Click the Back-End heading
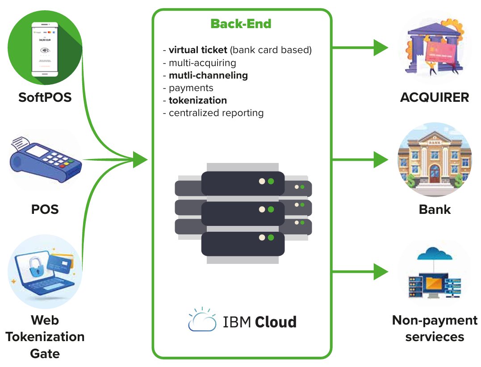[x=241, y=24]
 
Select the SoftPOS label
[x=45, y=97]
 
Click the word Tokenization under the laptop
[x=45, y=337]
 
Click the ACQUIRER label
[x=435, y=97]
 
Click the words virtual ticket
[x=198, y=50]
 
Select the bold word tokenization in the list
[x=198, y=100]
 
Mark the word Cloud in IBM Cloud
[x=276, y=321]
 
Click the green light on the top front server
[x=271, y=182]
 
